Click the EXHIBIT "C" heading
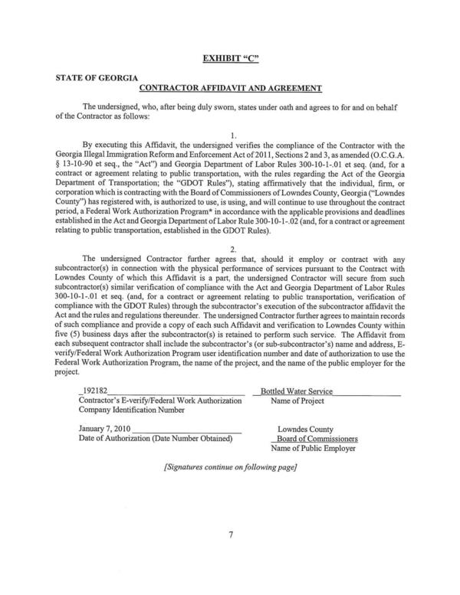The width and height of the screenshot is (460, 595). (x=229, y=57)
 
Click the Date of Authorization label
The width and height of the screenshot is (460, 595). (x=155, y=439)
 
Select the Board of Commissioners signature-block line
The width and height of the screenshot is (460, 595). (x=317, y=440)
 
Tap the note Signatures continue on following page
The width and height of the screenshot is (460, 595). (x=230, y=466)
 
